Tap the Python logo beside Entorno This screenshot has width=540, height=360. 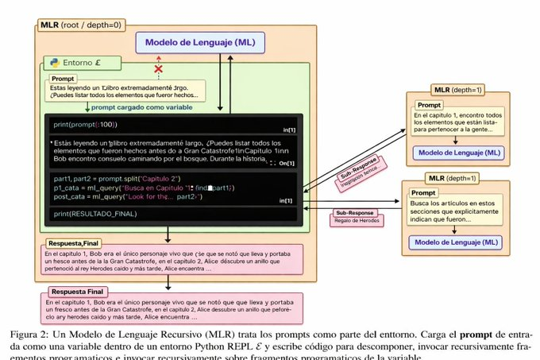[53, 62]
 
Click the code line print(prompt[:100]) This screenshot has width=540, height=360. [85, 125]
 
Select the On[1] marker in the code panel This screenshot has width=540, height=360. [287, 163]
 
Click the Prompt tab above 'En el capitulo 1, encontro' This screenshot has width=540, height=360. [429, 104]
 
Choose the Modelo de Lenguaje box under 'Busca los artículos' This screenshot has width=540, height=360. [454, 241]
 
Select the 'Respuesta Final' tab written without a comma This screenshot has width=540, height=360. [76, 292]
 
